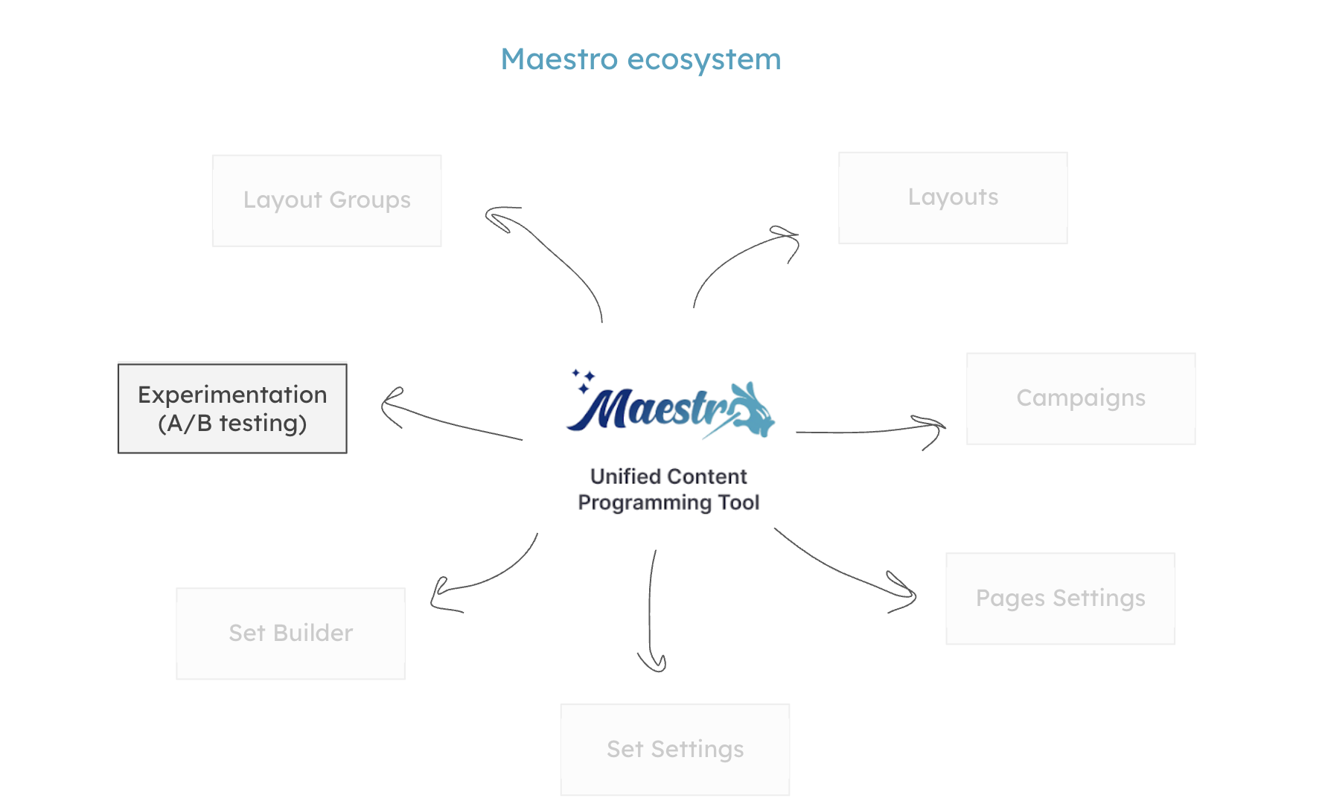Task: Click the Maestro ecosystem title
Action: pyautogui.click(x=641, y=60)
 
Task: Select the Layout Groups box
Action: pyautogui.click(x=327, y=200)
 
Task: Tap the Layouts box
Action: pyautogui.click(x=953, y=198)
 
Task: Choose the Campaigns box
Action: pyautogui.click(x=1081, y=398)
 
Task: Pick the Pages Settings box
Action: pyautogui.click(x=1060, y=599)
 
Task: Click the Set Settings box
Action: pyautogui.click(x=675, y=750)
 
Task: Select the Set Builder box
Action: pyautogui.click(x=290, y=634)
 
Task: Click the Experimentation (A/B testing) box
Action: pyautogui.click(x=232, y=409)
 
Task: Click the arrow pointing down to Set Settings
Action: pyautogui.click(x=651, y=610)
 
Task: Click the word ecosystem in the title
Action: pyautogui.click(x=704, y=60)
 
